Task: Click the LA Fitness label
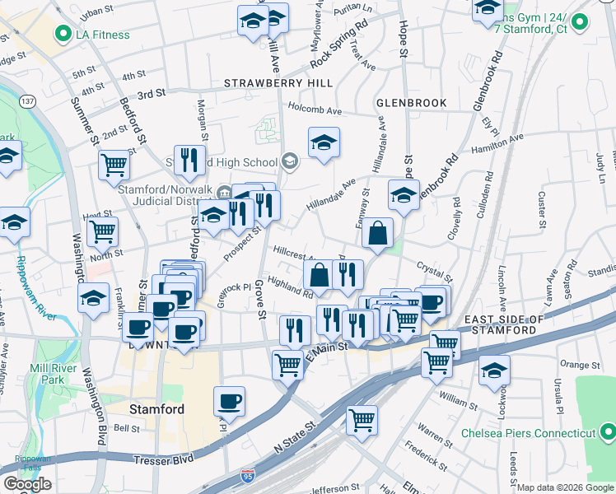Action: (103, 35)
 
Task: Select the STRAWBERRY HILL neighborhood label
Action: (278, 83)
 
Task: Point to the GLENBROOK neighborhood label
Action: (411, 103)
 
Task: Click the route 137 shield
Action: (29, 100)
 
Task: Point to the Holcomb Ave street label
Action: (314, 110)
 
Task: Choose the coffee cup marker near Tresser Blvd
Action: (230, 401)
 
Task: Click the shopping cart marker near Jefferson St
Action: (362, 419)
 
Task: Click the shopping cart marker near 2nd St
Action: (114, 165)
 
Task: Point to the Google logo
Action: (27, 484)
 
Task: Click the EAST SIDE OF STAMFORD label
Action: (504, 324)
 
